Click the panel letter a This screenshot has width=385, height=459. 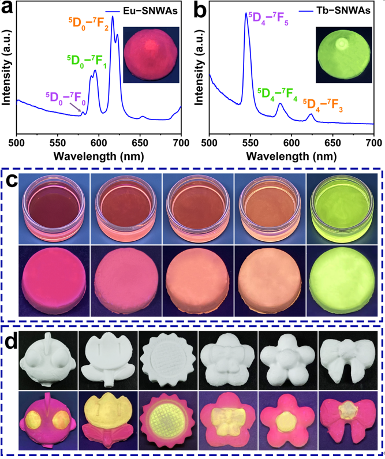(9, 10)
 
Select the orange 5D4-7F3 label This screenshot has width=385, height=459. (323, 105)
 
